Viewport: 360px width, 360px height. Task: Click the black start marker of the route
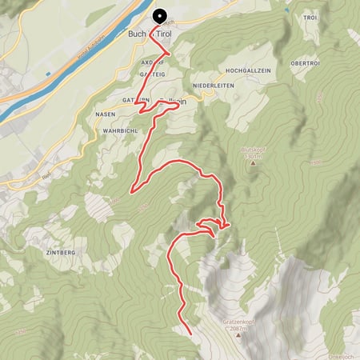pyautogui.click(x=158, y=15)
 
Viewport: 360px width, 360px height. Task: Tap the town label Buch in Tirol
pyautogui.click(x=150, y=34)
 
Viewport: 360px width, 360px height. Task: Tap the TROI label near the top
pyautogui.click(x=310, y=17)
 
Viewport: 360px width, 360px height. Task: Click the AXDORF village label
pyautogui.click(x=152, y=62)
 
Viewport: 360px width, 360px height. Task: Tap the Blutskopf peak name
pyautogui.click(x=253, y=149)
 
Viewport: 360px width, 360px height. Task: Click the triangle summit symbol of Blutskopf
pyautogui.click(x=253, y=162)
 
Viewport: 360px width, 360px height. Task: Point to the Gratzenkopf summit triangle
pyautogui.click(x=238, y=335)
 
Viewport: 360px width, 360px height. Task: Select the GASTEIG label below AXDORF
pyautogui.click(x=153, y=73)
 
